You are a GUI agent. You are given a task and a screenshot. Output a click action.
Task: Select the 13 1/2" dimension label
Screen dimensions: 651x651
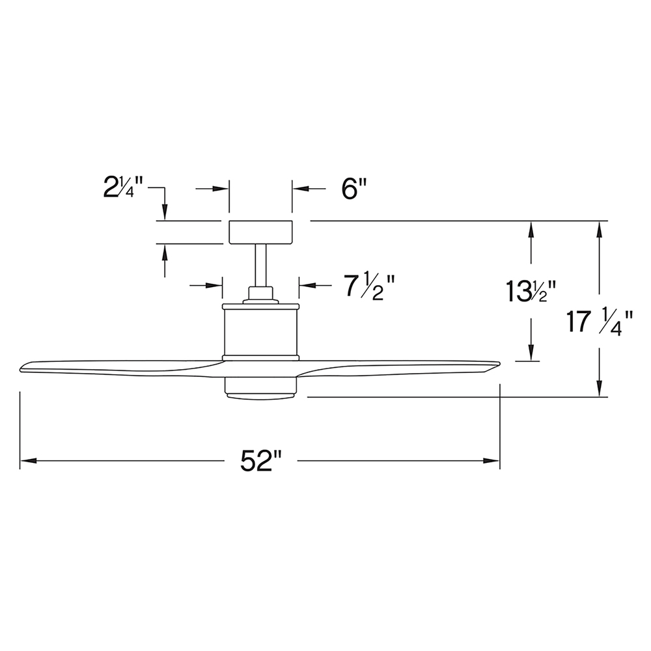pos(531,291)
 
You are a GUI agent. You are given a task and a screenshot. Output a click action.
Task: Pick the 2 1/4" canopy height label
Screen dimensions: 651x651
pos(123,187)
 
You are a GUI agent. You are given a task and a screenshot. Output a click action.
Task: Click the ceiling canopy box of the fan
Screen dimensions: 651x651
pos(261,232)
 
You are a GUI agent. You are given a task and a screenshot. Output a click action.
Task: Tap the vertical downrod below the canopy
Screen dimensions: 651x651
pos(261,266)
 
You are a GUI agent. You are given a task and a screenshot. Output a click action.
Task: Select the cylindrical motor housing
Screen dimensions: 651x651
pos(261,332)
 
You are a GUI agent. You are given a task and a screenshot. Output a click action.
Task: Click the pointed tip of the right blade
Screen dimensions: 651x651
pos(499,364)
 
